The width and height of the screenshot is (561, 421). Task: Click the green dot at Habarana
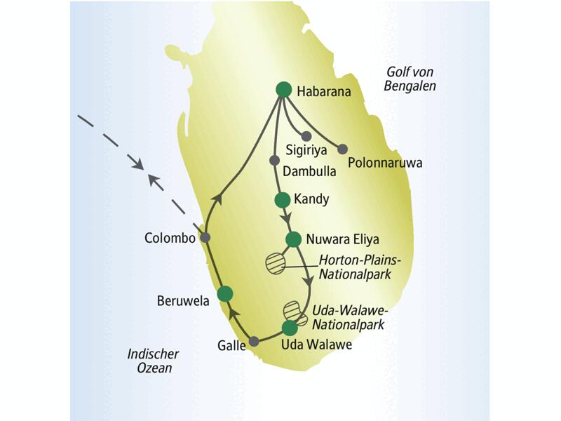click(283, 89)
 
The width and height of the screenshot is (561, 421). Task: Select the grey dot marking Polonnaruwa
click(342, 149)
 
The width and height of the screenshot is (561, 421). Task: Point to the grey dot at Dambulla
click(275, 160)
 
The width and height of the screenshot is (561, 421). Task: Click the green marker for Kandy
click(282, 199)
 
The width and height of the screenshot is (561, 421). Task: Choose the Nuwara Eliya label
click(337, 239)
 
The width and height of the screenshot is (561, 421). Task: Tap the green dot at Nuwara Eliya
click(293, 239)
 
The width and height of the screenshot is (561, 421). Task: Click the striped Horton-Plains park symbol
click(276, 263)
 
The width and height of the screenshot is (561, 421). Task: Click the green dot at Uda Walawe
click(290, 328)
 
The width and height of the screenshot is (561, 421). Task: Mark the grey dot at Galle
click(254, 341)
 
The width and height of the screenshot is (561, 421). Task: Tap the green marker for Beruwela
click(224, 294)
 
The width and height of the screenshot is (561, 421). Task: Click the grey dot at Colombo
click(204, 238)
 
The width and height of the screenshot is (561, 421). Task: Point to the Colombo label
click(170, 238)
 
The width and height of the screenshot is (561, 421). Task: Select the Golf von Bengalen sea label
click(411, 79)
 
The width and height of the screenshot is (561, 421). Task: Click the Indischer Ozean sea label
click(154, 361)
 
